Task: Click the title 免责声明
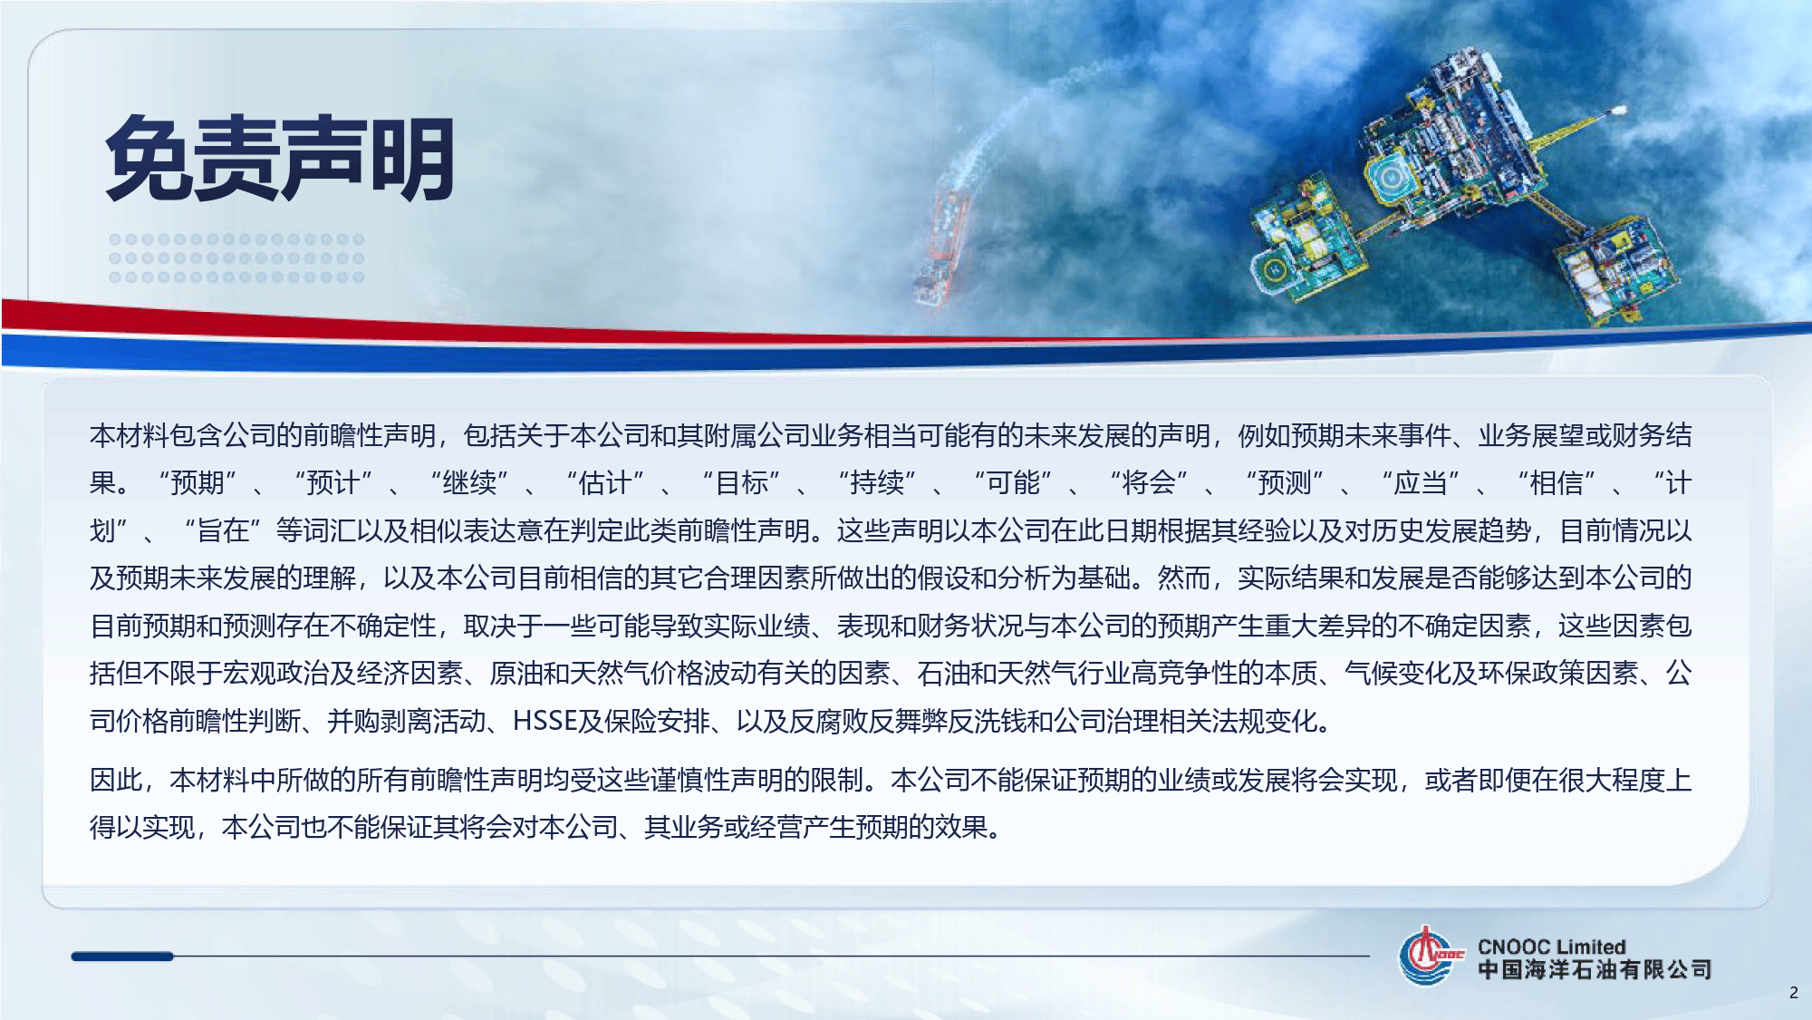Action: tap(280, 160)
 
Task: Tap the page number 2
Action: tap(1793, 993)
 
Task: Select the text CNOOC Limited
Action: tap(1551, 947)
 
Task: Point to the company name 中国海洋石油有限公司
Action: tap(1595, 970)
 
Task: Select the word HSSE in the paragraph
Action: tap(545, 722)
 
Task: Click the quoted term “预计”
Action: tap(333, 483)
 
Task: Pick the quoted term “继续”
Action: tap(469, 483)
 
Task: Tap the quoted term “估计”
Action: tap(605, 483)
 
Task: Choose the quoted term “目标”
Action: tap(741, 483)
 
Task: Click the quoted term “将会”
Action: tap(1149, 483)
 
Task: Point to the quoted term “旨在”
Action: tap(223, 531)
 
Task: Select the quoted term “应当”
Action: tap(1421, 483)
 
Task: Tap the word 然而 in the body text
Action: tap(1183, 578)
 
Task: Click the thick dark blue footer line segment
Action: tap(122, 957)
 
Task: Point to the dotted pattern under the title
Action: tap(236, 258)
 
